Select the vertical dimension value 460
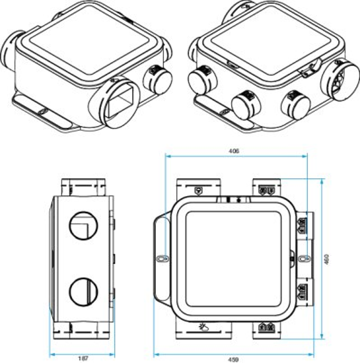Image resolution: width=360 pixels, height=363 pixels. pos(326,258)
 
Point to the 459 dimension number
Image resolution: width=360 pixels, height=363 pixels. pos(235,360)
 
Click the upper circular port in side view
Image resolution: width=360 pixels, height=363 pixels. pos(83,226)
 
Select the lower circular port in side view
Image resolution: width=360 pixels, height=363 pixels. pos(83,291)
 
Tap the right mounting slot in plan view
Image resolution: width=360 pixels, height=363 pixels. pos(303,258)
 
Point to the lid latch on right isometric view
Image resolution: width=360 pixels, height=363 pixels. pos(311,69)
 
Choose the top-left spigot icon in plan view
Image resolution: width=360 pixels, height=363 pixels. pos(198,190)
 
